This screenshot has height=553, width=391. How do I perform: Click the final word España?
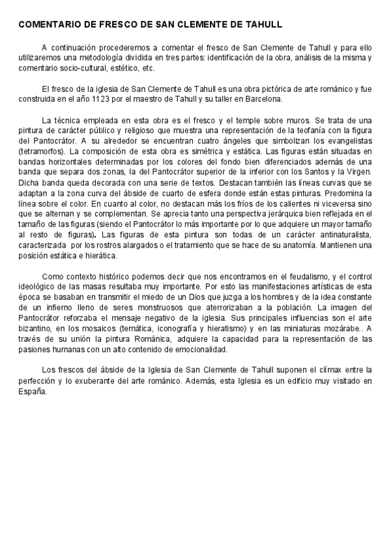point(34,391)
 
